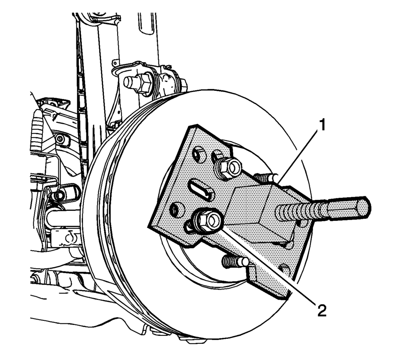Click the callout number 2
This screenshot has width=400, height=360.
(x=322, y=310)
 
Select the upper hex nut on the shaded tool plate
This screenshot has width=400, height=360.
(x=228, y=167)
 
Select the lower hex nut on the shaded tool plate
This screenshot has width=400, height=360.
(x=207, y=219)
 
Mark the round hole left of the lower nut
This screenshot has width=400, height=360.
(x=176, y=210)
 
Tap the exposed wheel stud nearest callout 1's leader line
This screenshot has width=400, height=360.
(x=266, y=177)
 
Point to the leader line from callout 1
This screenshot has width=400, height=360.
(x=299, y=156)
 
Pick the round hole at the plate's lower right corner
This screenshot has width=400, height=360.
(x=285, y=270)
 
